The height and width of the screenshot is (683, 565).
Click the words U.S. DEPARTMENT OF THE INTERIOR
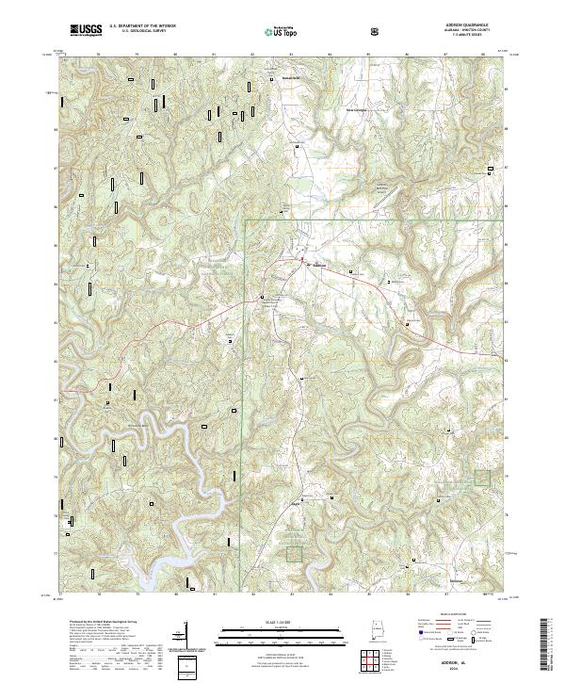141,26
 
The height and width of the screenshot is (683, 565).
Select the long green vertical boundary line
245,377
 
